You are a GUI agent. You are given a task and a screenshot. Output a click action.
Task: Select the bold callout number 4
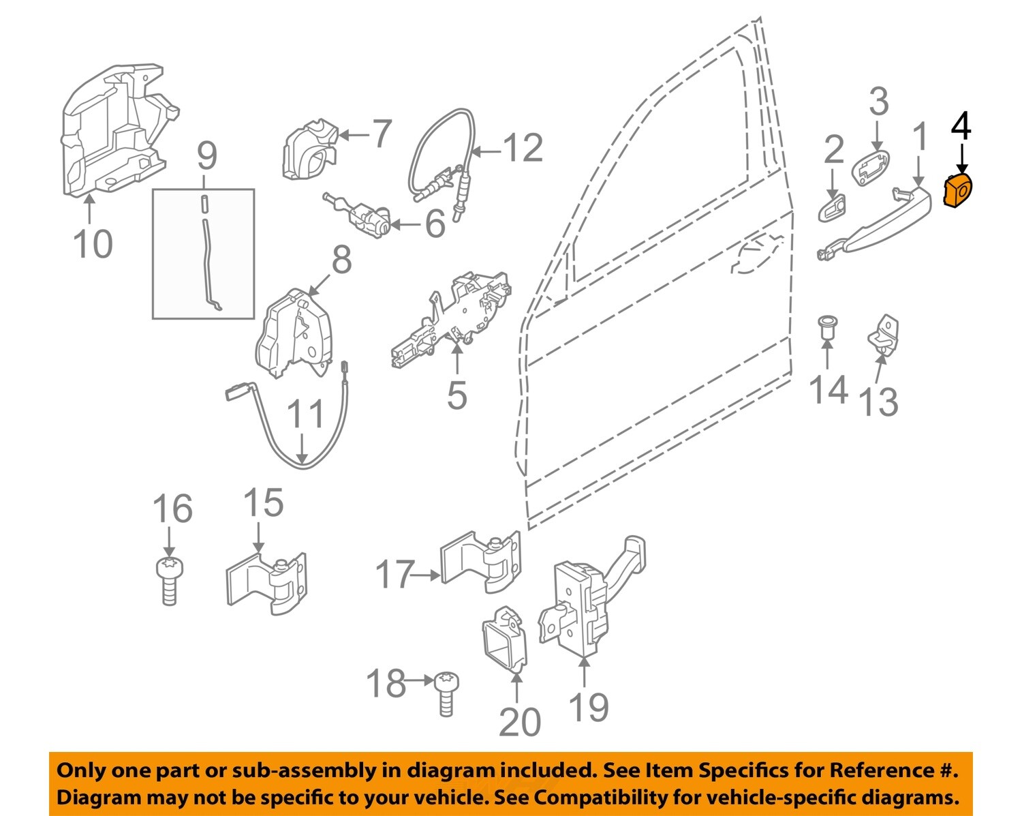(x=961, y=127)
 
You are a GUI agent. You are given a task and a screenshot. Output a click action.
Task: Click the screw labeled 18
(x=446, y=693)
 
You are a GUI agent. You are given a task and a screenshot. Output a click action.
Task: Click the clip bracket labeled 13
(x=884, y=334)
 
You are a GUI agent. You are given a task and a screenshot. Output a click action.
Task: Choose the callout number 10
(x=93, y=243)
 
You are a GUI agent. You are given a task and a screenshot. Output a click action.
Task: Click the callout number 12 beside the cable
(x=523, y=149)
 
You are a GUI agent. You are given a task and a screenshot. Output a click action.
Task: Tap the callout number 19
(x=589, y=707)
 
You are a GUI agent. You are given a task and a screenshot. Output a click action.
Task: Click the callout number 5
(x=456, y=395)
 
